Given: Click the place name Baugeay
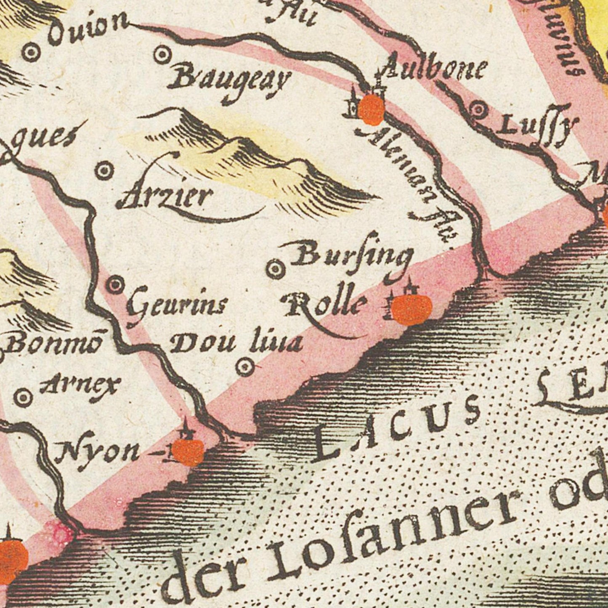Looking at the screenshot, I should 229,82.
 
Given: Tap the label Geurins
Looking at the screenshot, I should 177,307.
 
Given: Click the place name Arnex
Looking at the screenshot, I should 80,385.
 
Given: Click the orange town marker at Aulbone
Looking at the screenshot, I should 371,109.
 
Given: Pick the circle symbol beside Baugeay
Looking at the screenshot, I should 162,55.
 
